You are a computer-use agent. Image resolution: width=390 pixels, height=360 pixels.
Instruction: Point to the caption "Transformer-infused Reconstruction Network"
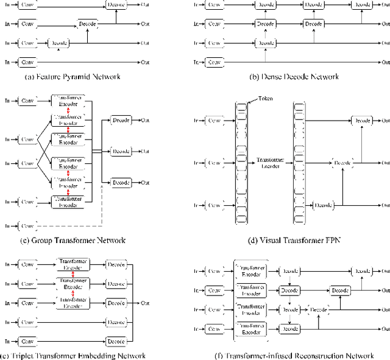coord(295,355)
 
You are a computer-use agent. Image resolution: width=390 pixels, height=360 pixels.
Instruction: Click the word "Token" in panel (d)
coord(264,99)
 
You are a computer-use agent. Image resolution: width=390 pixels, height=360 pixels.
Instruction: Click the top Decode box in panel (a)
coord(116,5)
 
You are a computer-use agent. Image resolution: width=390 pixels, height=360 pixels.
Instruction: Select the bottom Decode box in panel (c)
coord(121,182)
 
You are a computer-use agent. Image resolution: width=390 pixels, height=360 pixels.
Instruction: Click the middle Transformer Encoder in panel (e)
coord(73,283)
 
